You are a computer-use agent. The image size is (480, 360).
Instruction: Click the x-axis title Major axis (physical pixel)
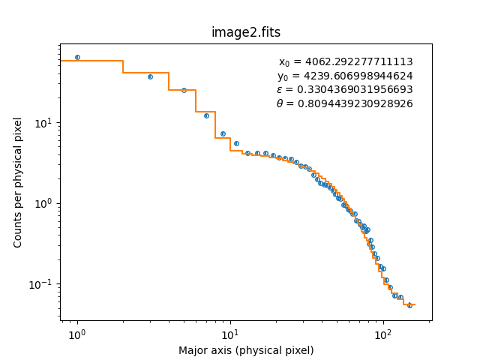(x=246, y=350)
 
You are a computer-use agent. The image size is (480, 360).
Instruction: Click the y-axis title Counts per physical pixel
(x=19, y=182)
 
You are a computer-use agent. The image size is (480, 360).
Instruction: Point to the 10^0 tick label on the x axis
(x=76, y=332)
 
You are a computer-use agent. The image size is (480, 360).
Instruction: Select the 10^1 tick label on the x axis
(x=230, y=332)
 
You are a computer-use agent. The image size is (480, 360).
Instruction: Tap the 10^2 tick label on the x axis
(x=383, y=332)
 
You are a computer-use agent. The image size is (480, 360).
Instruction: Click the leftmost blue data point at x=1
(x=77, y=57)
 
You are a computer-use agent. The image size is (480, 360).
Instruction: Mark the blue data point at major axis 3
(x=150, y=76)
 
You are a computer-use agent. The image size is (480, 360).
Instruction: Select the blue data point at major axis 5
(x=184, y=90)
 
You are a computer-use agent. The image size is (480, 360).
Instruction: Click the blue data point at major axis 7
(x=206, y=115)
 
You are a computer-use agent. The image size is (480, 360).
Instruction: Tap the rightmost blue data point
(x=409, y=305)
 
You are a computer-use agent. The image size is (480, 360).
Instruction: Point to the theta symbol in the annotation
(x=280, y=103)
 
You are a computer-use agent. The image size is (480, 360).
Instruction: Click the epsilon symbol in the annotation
(x=280, y=90)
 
